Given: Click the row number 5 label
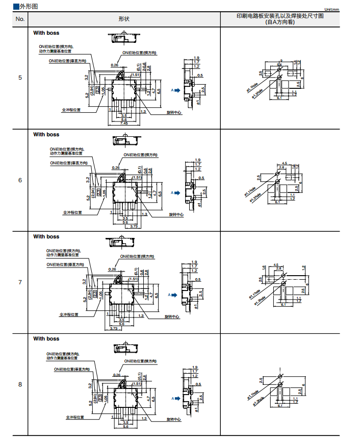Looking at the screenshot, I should click(20, 78).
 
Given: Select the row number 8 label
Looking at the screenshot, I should click(20, 384).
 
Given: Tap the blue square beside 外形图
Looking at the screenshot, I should click(16, 7).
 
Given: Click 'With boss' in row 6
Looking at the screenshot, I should click(46, 135).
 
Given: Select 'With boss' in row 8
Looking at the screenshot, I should click(46, 338).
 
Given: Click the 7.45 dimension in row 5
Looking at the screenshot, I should click(124, 123).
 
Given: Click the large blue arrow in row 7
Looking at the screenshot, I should click(173, 295).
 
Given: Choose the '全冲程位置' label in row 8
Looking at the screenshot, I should click(75, 417).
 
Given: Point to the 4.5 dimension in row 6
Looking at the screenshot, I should click(285, 163).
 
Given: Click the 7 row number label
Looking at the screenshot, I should click(20, 282).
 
